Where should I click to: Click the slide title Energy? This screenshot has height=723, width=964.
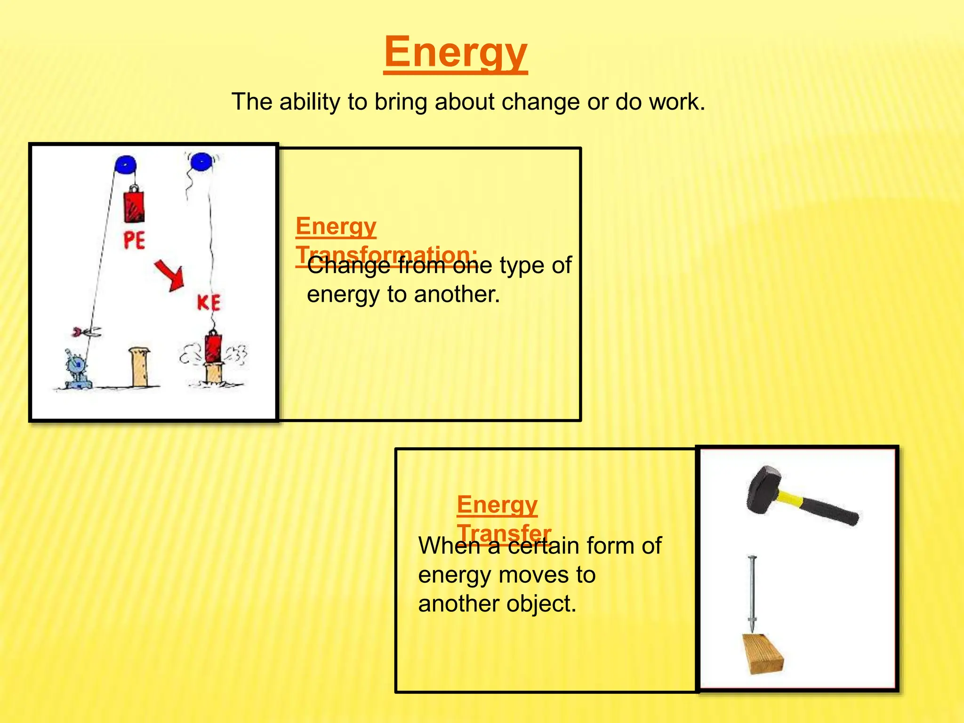pos(455,53)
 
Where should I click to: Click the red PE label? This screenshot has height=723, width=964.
pos(134,241)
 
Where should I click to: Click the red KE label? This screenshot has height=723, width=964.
pos(209,303)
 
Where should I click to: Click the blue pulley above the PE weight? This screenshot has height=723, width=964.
pos(125,166)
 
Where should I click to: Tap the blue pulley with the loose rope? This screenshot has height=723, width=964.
pos(201,162)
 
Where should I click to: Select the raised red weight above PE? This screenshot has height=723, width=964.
pos(134,206)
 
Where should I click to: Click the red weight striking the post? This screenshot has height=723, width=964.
pos(213,348)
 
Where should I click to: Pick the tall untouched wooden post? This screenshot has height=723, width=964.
pos(139,367)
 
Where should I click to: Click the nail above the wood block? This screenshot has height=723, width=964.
pos(752,593)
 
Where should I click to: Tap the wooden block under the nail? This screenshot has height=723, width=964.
pos(763,654)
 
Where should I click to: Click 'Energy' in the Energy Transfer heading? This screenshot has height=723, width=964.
pos(497,505)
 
